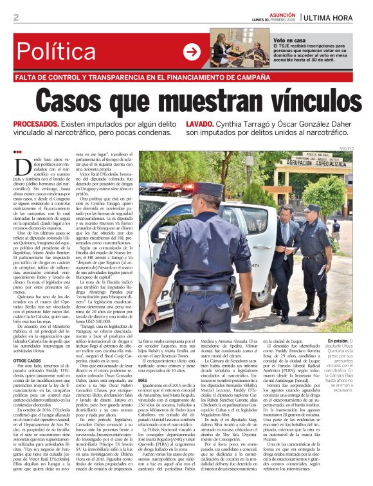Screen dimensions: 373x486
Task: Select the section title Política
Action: pos(62,52)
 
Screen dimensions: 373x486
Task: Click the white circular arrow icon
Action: pos(192,51)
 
